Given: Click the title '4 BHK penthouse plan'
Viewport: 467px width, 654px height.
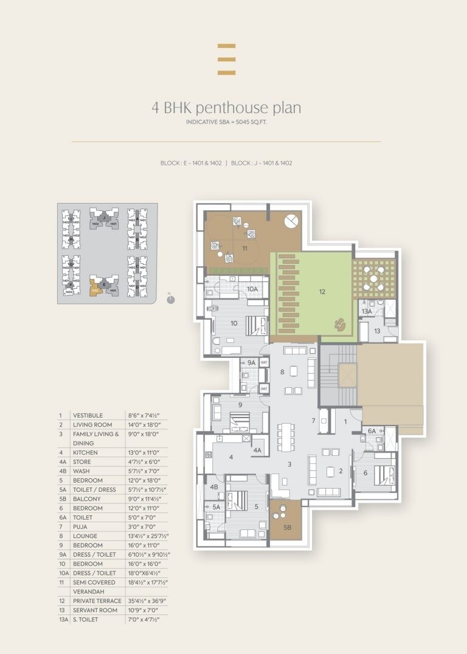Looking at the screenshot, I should coord(226,108).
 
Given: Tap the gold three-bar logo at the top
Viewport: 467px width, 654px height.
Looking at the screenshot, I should coord(226,59).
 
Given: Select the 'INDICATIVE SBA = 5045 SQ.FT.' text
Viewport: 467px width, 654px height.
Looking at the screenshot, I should coord(226,122).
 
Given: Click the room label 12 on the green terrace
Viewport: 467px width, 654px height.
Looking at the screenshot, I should coord(322,291).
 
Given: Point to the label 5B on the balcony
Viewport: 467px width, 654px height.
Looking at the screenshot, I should coord(286,528).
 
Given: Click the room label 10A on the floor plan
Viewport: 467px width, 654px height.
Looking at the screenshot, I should coord(252,289).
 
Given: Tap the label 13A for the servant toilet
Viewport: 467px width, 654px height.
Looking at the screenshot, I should coord(366,311).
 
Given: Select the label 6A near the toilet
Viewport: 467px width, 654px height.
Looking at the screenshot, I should coord(372,432).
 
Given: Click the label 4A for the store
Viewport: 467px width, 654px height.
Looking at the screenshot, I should coord(257,450).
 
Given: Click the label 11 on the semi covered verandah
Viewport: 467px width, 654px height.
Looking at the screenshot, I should coord(244,248).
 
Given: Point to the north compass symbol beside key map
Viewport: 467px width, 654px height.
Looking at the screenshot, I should coord(170,298).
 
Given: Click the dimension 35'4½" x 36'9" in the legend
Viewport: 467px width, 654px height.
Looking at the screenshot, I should coord(146,601).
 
